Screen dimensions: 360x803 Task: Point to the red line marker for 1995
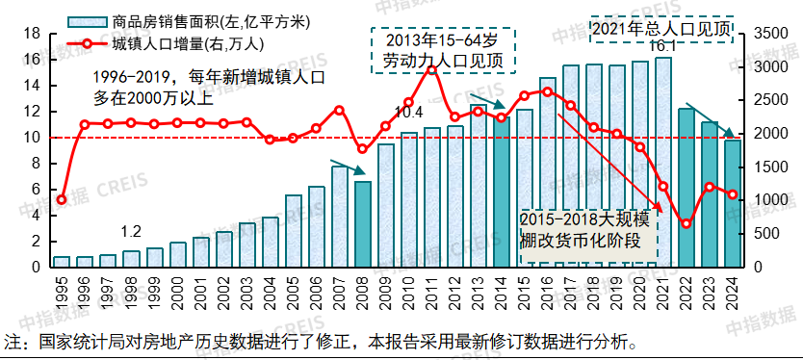coord(62,200)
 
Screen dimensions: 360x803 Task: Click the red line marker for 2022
coord(686,224)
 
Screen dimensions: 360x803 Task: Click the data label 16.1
coord(663,46)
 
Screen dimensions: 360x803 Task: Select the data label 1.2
coord(131,232)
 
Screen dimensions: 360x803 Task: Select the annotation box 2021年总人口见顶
coord(661,29)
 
